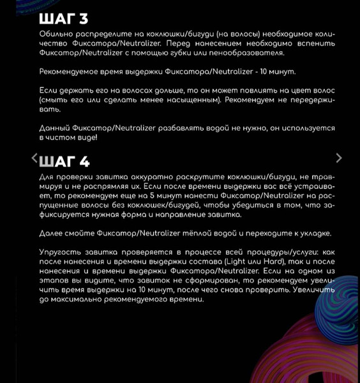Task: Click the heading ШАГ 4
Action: click(64, 161)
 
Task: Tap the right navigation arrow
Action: click(339, 158)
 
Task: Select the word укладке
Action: click(311, 233)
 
